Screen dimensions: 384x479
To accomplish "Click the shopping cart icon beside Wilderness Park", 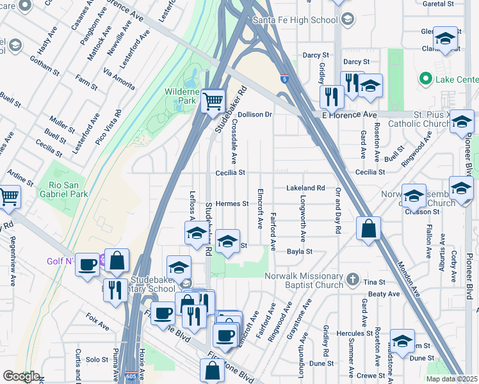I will click(213, 100).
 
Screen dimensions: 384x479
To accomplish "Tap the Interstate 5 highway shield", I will click(283, 79).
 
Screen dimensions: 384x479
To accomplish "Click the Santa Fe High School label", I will click(295, 20).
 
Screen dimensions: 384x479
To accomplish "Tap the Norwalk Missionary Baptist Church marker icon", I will click(353, 278).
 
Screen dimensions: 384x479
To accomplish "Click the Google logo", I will click(21, 376).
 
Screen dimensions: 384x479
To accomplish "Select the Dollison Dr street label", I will click(256, 115).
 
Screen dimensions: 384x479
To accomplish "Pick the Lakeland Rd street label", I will click(305, 188).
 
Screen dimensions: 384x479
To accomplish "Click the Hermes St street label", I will click(232, 204).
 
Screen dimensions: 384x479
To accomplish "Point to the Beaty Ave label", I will click(384, 294).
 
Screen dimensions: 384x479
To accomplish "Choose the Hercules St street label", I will click(358, 333).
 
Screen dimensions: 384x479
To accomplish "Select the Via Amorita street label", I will click(120, 80).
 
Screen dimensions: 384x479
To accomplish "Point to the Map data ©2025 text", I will click(451, 379).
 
